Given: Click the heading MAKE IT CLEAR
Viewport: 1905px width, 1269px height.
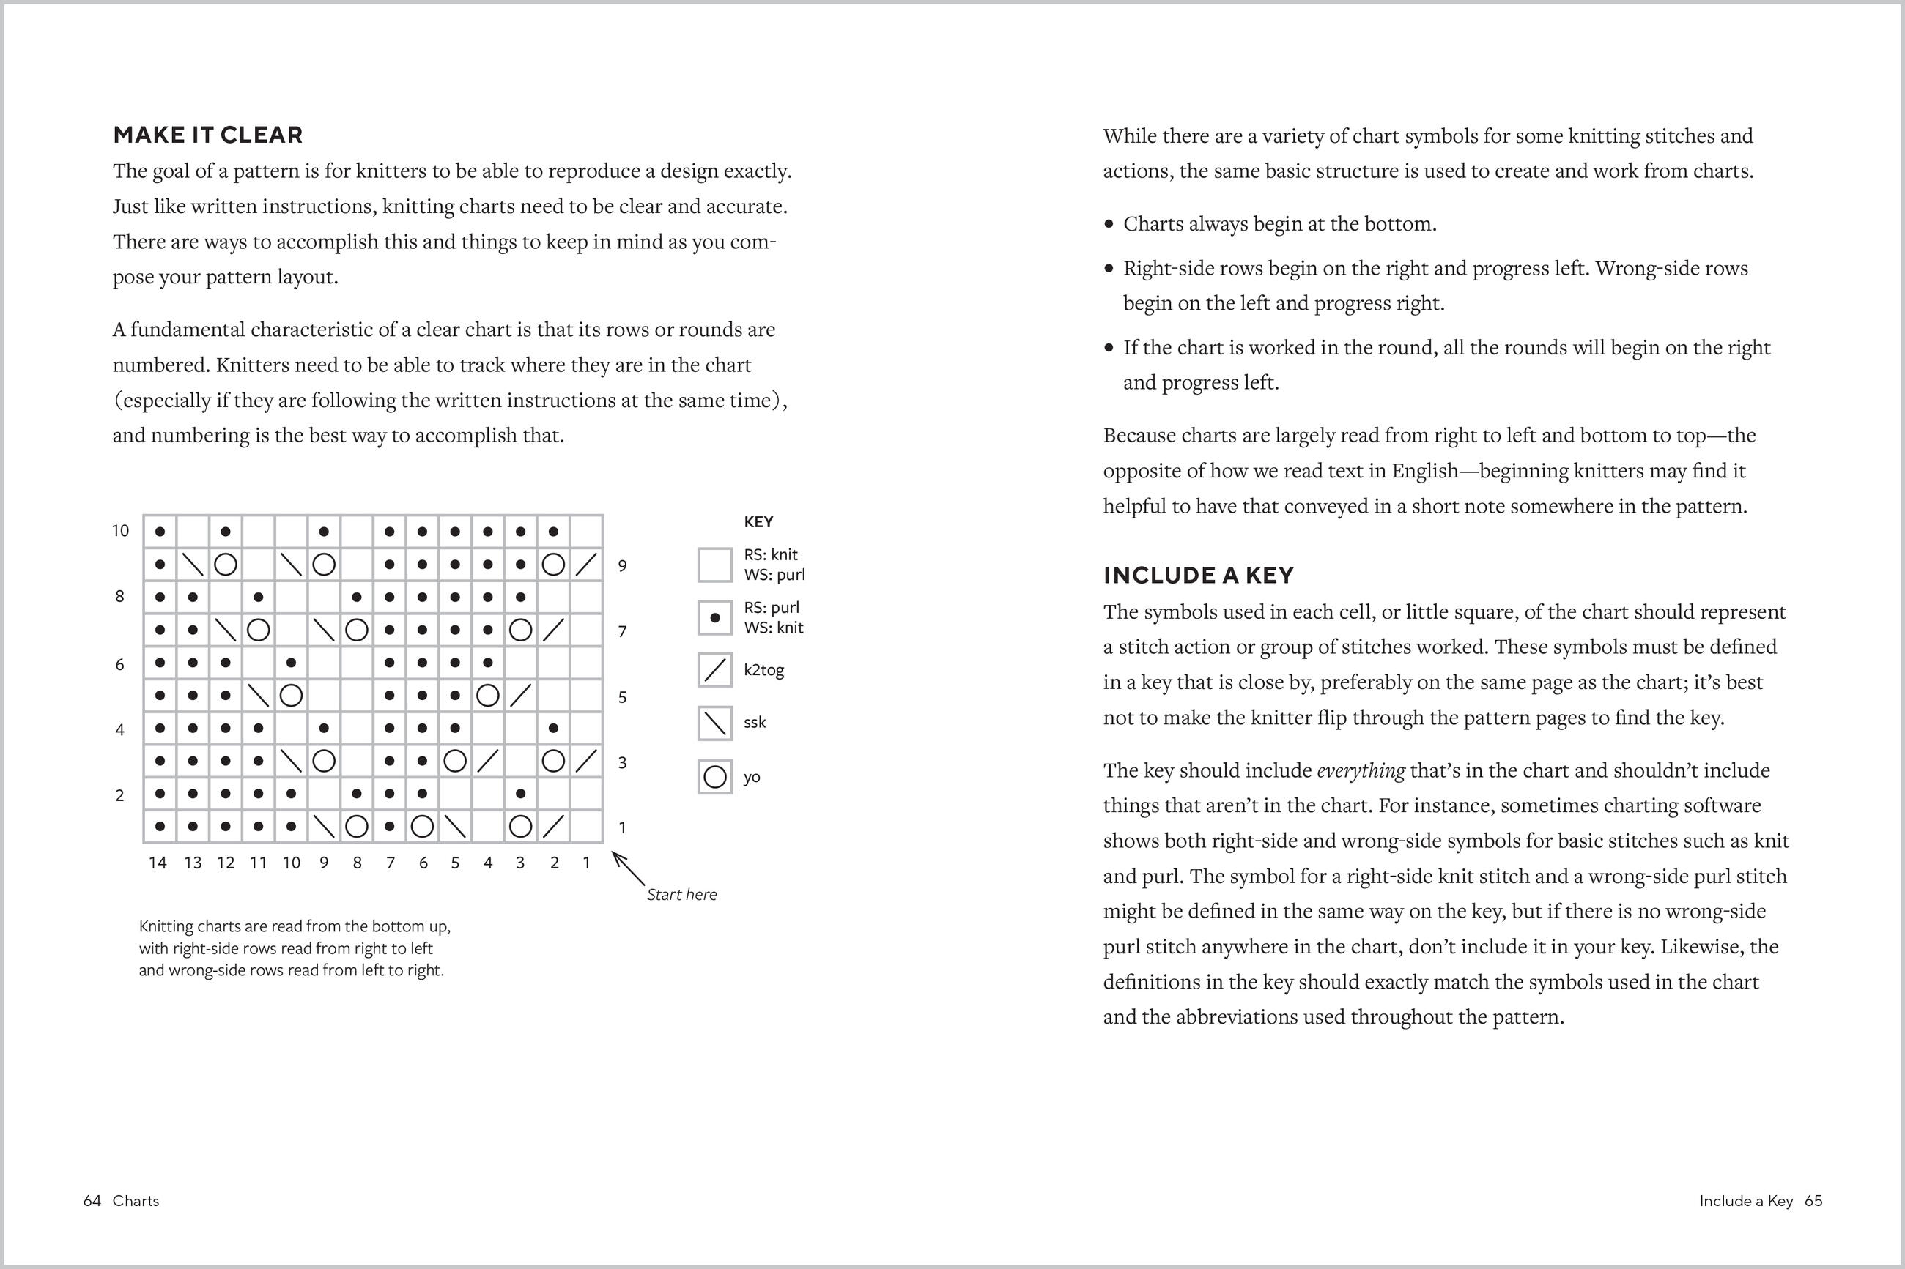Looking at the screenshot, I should [x=207, y=135].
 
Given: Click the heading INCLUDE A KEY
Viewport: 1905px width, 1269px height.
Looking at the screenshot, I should [x=1198, y=576].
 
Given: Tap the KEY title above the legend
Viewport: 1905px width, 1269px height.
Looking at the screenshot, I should [x=758, y=522].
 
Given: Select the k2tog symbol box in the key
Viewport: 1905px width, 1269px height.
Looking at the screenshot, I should [x=715, y=670].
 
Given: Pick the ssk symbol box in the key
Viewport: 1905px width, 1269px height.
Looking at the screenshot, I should [x=715, y=723].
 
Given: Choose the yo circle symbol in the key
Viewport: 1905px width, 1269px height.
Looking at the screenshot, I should [x=715, y=777].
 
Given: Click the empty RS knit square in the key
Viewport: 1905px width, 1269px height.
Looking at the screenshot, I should [x=715, y=564].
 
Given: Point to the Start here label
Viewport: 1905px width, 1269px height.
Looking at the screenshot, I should [x=681, y=894].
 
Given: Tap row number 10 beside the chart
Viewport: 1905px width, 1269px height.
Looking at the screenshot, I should [x=120, y=531].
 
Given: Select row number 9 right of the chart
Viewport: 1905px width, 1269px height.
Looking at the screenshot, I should [x=622, y=566].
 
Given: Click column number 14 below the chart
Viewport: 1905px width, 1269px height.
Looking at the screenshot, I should [x=157, y=863].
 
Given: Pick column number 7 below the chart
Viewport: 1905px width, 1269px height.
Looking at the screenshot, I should [x=391, y=863].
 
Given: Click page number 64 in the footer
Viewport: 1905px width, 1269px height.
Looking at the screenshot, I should [x=92, y=1200].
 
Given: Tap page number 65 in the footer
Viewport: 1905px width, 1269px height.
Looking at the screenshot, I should [x=1813, y=1200].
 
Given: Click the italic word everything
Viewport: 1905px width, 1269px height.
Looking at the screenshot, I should [x=1360, y=770].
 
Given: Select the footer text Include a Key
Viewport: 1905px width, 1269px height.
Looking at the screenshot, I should [x=1745, y=1200].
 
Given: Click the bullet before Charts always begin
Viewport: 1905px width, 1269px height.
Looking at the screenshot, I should [x=1109, y=224].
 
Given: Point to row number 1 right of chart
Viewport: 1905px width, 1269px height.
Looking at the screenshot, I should [x=622, y=827].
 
